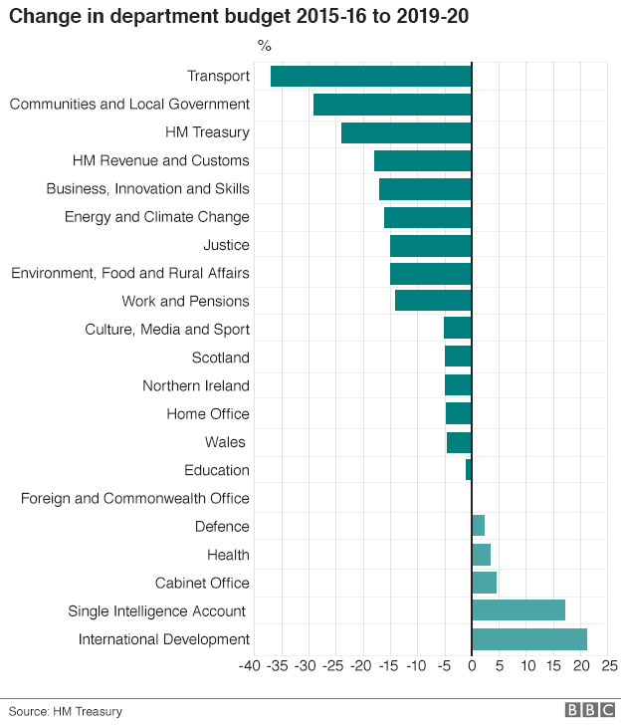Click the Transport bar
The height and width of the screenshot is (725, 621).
click(370, 77)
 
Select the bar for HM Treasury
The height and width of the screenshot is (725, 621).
click(406, 133)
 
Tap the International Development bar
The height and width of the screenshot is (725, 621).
click(529, 639)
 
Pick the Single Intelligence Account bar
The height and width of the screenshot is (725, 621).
click(518, 610)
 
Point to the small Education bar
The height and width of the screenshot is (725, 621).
click(469, 470)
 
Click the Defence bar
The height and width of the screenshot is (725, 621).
click(479, 526)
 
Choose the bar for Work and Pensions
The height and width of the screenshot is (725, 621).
click(433, 301)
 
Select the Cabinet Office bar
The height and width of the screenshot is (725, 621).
click(485, 583)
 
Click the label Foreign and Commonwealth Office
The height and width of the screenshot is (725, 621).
click(135, 498)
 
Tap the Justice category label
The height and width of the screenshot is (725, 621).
click(226, 245)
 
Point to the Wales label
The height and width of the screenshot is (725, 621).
click(225, 442)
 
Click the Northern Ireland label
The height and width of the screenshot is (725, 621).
click(196, 385)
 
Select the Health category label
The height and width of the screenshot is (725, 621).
click(228, 555)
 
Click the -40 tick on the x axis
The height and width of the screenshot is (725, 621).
click(251, 664)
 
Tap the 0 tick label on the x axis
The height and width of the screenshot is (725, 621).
click(472, 664)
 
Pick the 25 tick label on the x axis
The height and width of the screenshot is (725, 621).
click(610, 664)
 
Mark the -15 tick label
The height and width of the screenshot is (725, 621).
click(388, 664)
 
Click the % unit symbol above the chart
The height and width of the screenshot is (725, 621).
click(264, 46)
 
